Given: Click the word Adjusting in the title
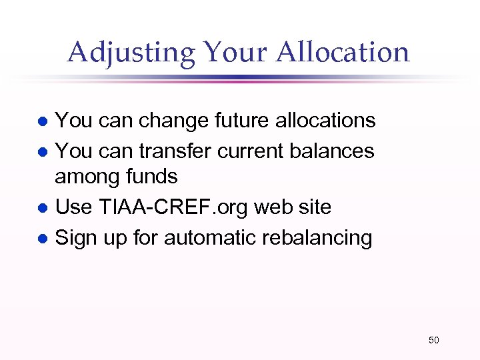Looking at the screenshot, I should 131,52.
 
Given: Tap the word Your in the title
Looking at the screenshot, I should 231,52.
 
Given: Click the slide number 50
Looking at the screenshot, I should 433,341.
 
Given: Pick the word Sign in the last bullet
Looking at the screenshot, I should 74,238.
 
